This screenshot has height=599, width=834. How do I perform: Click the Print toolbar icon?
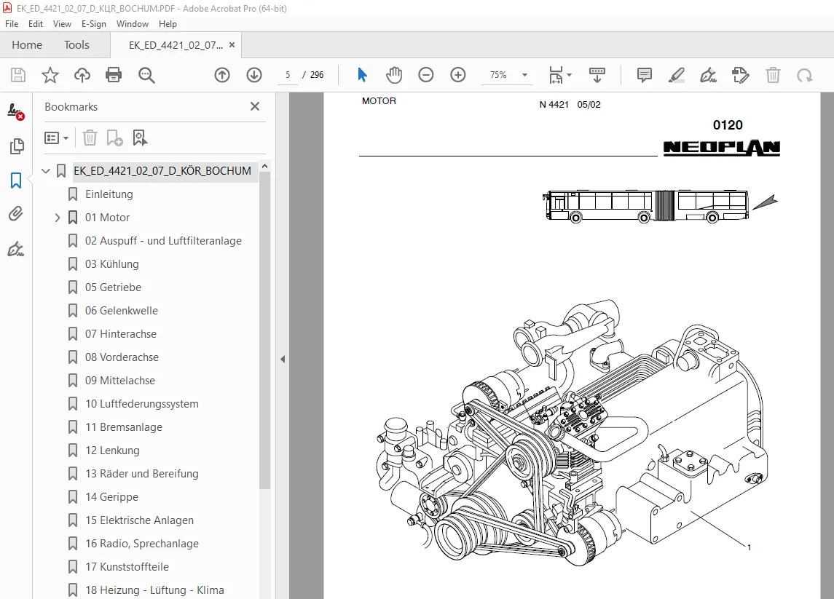pyautogui.click(x=114, y=75)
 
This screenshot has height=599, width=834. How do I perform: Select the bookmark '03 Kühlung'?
pyautogui.click(x=111, y=264)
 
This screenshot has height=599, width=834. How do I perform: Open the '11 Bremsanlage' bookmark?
pyautogui.click(x=123, y=427)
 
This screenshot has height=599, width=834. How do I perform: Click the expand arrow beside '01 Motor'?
pyautogui.click(x=58, y=218)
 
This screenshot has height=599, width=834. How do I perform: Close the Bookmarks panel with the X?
pyautogui.click(x=255, y=106)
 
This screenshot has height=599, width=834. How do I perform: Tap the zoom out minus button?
pyautogui.click(x=426, y=75)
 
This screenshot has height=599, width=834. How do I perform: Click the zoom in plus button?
pyautogui.click(x=458, y=75)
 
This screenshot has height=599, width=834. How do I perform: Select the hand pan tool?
pyautogui.click(x=394, y=75)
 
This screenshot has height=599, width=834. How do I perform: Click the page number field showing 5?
pyautogui.click(x=288, y=75)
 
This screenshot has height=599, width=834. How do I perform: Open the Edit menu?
pyautogui.click(x=36, y=24)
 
